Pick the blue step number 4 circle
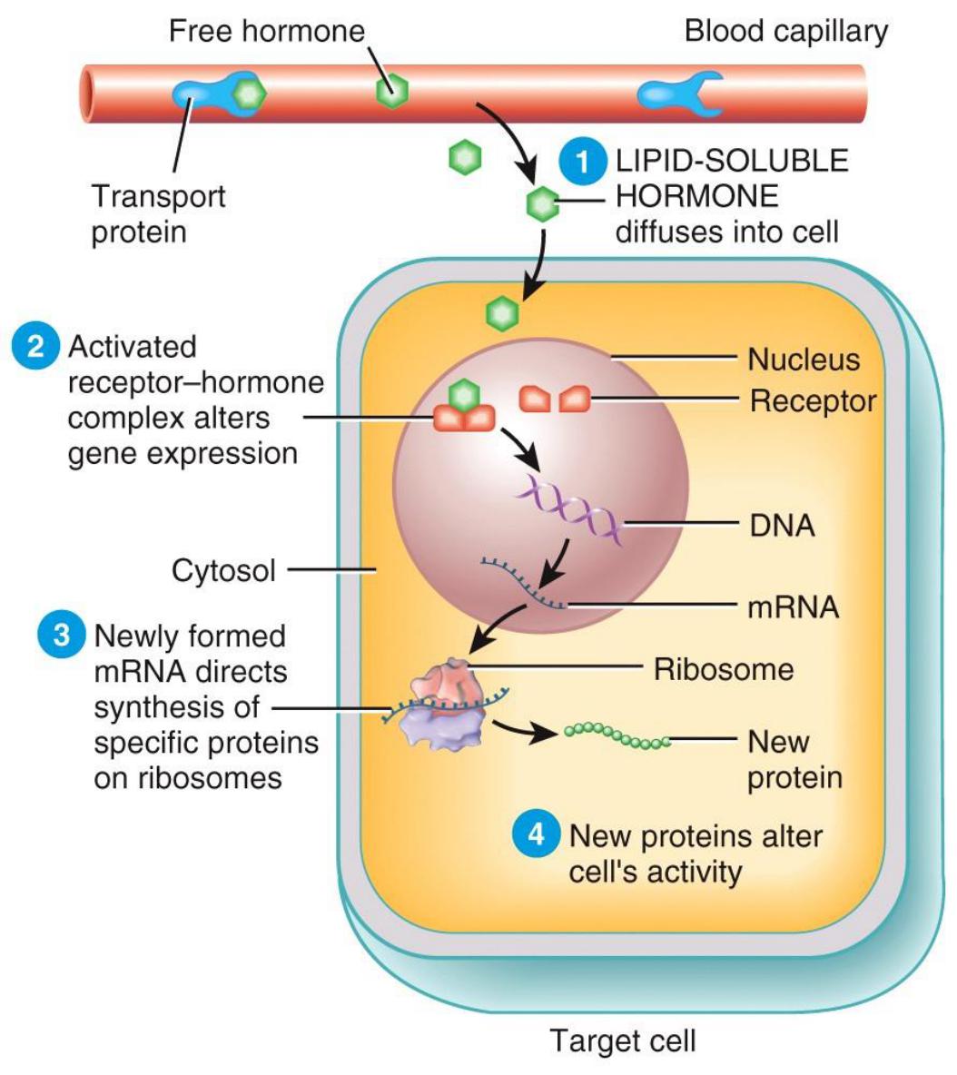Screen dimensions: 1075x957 pyautogui.click(x=536, y=834)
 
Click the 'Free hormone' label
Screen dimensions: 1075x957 pyautogui.click(x=266, y=32)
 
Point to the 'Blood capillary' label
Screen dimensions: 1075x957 pyautogui.click(x=785, y=32)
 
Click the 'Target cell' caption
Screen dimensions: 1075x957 pyautogui.click(x=623, y=1040)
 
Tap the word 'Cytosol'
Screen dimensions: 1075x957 pyautogui.click(x=223, y=571)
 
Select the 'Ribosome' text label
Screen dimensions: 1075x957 pyautogui.click(x=724, y=669)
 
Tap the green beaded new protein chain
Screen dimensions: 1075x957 pyautogui.click(x=618, y=735)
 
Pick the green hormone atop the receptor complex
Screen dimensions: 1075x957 pyautogui.click(x=464, y=395)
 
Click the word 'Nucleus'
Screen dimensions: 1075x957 pyautogui.click(x=803, y=360)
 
